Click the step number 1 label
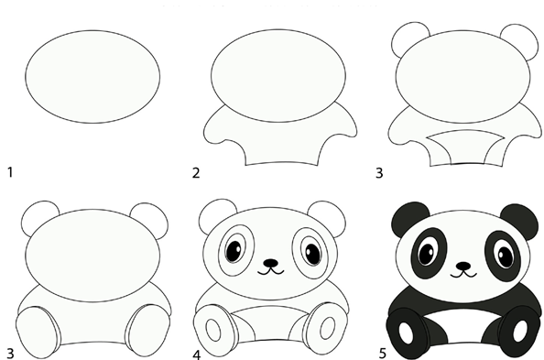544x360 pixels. (x=10, y=172)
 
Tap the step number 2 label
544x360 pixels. (x=196, y=172)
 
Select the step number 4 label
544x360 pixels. (x=196, y=355)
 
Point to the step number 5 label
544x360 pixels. (x=382, y=354)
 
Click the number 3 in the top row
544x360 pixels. (x=379, y=172)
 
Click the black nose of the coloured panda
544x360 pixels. (x=463, y=267)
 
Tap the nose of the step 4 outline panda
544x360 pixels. (x=270, y=263)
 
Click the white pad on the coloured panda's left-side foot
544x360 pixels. (x=406, y=333)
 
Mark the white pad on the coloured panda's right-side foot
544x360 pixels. (x=519, y=331)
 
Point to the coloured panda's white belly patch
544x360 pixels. (x=463, y=322)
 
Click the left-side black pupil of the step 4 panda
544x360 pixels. (x=234, y=249)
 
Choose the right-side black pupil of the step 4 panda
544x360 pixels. (x=312, y=254)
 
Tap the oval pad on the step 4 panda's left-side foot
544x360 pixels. (x=213, y=330)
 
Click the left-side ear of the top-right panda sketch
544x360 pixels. (x=409, y=37)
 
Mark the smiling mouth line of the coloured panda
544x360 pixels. (x=463, y=274)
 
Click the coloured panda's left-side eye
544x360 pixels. (x=427, y=254)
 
